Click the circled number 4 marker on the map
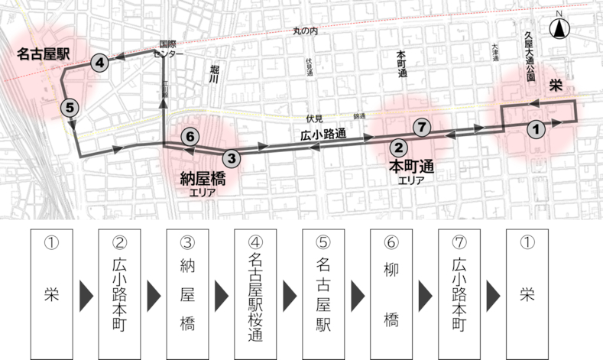point(99,63)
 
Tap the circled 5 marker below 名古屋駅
point(70,107)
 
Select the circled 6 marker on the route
point(192,138)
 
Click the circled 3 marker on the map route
point(232,158)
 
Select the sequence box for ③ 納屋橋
point(188,293)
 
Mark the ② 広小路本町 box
point(120,293)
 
